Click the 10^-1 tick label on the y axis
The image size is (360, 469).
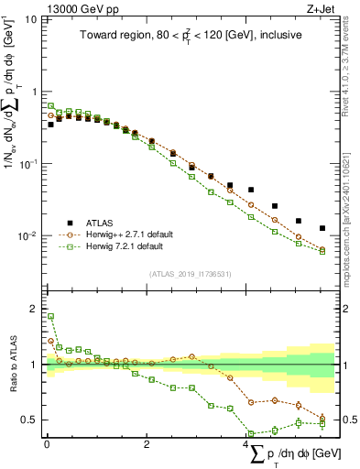[x=27, y=164]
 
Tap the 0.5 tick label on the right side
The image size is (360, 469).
[x=349, y=420]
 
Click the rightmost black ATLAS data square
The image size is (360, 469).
[x=322, y=228]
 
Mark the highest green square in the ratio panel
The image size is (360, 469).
[x=50, y=316]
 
